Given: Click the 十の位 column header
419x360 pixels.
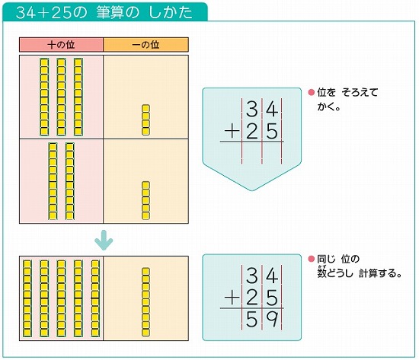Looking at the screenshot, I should point(61,45).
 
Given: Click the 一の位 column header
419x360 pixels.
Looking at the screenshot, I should point(146,45).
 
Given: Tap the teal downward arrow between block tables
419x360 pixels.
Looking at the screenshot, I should point(104,241).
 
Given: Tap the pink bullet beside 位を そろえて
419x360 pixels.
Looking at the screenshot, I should point(312,92).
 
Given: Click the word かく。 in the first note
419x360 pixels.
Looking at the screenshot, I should point(328,107).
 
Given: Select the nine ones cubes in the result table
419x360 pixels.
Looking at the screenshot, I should point(146,299).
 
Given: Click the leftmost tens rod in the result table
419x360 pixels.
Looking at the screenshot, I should point(27,299).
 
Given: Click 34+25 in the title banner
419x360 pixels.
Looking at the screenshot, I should point(46,12).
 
